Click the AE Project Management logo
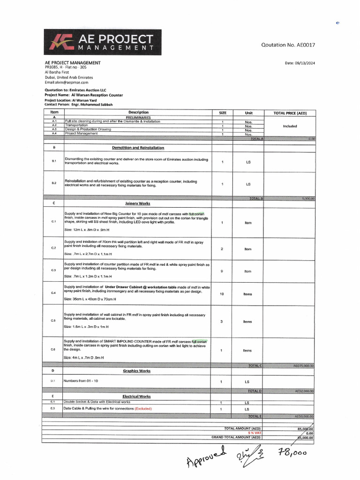tap(103, 42)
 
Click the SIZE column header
tap(222, 112)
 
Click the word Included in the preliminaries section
tap(290, 126)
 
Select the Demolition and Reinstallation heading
tap(138, 148)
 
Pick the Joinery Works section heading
tap(138, 203)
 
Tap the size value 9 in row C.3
tap(222, 271)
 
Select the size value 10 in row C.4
tap(222, 294)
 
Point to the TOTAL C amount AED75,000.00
tap(304, 366)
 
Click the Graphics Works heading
tap(137, 371)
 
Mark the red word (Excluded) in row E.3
tap(143, 408)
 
